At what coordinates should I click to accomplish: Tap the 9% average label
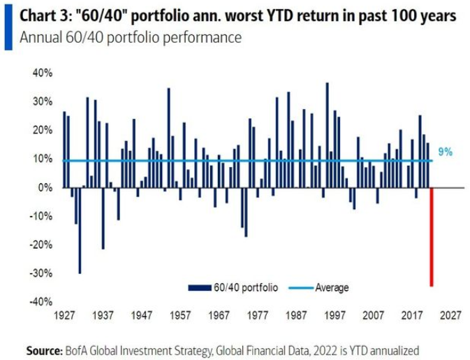[445, 152]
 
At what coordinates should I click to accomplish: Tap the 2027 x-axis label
[450, 315]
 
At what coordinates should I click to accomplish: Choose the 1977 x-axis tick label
[257, 315]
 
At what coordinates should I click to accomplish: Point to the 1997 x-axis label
[335, 315]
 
